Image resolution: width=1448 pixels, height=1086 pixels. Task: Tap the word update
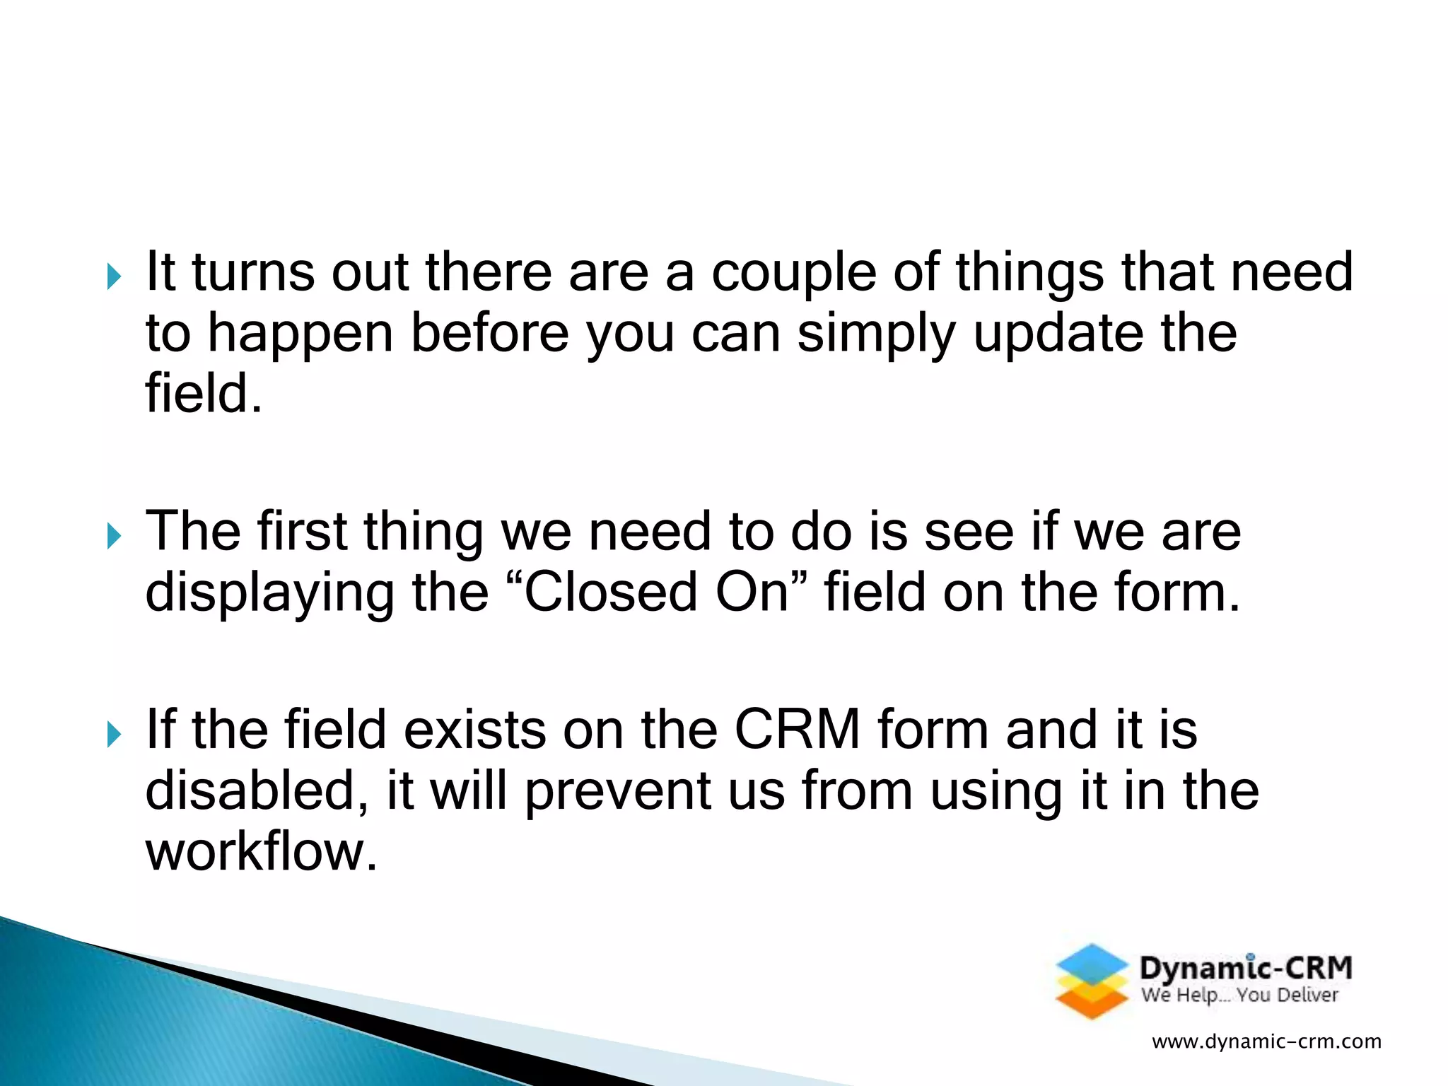point(1058,334)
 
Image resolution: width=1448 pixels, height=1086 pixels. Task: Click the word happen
point(300,334)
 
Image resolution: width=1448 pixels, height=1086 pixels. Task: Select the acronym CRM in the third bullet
point(798,730)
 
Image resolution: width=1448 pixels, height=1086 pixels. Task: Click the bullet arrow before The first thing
point(114,537)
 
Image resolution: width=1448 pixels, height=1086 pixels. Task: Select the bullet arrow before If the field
point(114,735)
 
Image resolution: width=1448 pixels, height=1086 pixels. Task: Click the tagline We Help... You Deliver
point(1239,995)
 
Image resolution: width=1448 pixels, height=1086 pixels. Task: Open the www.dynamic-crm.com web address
point(1266,1041)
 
